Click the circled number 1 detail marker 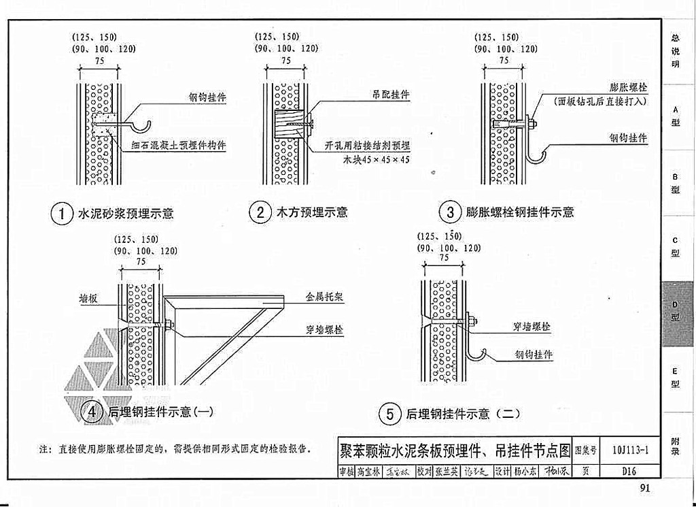coord(61,214)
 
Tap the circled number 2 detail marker coord(260,212)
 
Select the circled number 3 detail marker coord(450,212)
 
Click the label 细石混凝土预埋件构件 coord(179,145)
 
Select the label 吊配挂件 coord(390,95)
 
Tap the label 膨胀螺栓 coord(628,88)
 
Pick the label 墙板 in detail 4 coord(89,298)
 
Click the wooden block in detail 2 coord(288,126)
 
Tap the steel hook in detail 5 coord(475,354)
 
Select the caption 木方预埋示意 coord(312,212)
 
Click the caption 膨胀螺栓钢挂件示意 coord(520,212)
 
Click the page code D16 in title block coord(629,470)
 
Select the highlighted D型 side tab coord(676,314)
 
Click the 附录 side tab coord(676,446)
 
